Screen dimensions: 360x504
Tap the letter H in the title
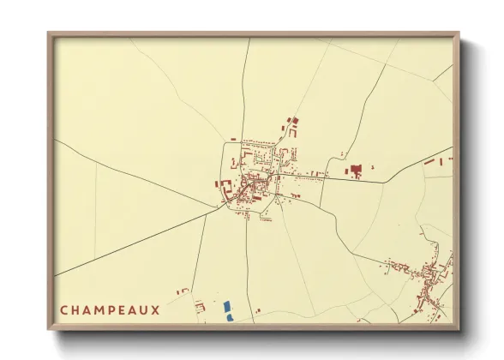(x=77, y=310)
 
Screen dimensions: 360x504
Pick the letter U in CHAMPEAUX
(x=151, y=310)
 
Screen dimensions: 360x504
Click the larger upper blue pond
(x=227, y=306)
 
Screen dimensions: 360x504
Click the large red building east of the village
(x=356, y=170)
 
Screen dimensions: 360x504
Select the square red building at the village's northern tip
(x=295, y=121)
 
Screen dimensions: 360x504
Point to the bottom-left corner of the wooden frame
(x=49, y=328)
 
